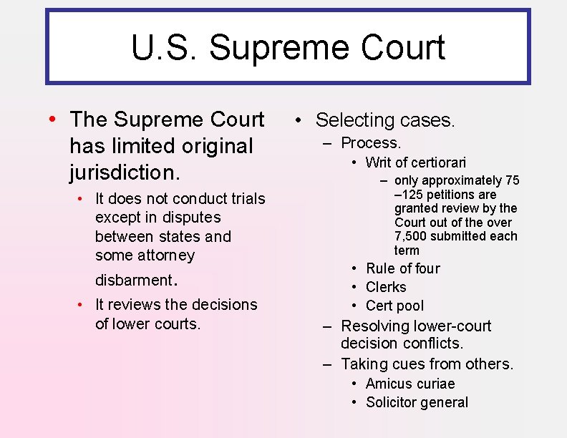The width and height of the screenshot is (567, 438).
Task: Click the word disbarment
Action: click(132, 280)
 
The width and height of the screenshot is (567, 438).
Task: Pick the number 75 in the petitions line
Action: click(512, 180)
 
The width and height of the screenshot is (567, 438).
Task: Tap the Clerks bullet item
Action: click(386, 287)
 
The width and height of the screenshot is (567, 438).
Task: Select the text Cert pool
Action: click(394, 306)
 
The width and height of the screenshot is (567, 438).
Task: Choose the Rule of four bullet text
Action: click(402, 268)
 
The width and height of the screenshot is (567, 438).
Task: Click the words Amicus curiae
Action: click(410, 384)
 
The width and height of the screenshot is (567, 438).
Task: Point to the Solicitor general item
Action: click(417, 402)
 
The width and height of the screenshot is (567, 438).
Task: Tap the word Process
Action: click(371, 143)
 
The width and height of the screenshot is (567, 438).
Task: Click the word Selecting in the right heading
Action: click(355, 120)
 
